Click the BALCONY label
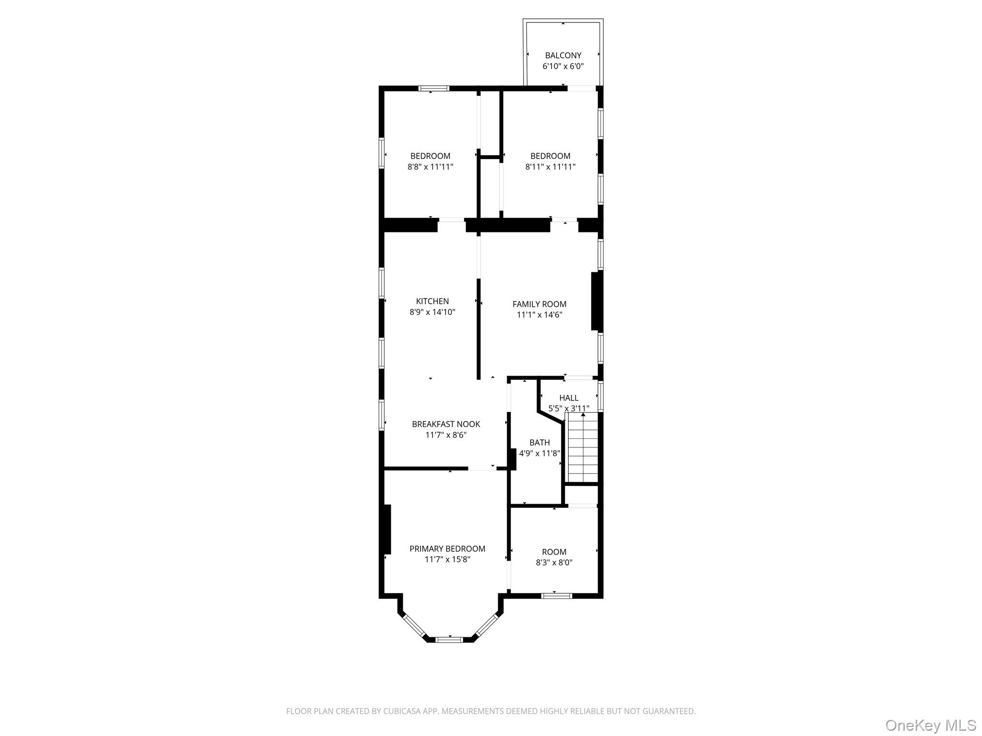(x=563, y=56)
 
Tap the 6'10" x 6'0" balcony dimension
(x=563, y=67)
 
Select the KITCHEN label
(x=432, y=301)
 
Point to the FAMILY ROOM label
(x=539, y=304)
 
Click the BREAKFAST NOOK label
(x=445, y=424)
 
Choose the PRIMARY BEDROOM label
(x=447, y=549)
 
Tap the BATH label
(x=539, y=443)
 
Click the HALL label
(x=569, y=398)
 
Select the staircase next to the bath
(x=583, y=448)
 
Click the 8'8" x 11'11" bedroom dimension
(x=430, y=167)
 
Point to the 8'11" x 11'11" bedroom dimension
(x=550, y=167)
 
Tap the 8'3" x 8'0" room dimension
(x=554, y=563)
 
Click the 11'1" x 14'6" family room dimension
(x=539, y=315)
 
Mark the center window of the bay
(x=449, y=639)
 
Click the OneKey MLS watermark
(x=930, y=725)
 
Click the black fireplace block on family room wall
(x=596, y=301)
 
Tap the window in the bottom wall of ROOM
(x=556, y=596)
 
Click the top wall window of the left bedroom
(x=433, y=88)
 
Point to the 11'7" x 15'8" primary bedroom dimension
(x=447, y=560)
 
